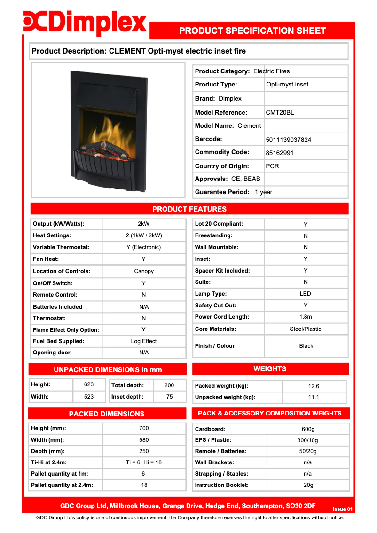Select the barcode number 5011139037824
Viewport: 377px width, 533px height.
(x=288, y=140)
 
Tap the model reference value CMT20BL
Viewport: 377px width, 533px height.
(x=280, y=112)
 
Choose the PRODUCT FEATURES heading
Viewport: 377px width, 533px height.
(x=189, y=209)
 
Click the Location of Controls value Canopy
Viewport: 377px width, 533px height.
(x=144, y=271)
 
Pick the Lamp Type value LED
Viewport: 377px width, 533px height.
(x=306, y=294)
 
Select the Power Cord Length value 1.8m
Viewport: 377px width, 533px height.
(x=306, y=317)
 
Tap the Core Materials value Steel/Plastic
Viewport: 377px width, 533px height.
(x=306, y=329)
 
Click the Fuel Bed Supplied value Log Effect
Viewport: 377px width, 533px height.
(x=144, y=341)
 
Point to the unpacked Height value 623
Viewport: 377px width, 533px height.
(x=89, y=384)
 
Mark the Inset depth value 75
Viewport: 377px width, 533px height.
(x=169, y=397)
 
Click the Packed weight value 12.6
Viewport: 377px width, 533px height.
(x=314, y=386)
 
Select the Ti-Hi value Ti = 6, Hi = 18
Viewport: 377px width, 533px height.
(x=144, y=462)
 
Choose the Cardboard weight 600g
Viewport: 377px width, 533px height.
(x=308, y=429)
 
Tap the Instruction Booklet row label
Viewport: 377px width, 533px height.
(x=222, y=485)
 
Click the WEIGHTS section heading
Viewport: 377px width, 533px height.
(x=270, y=369)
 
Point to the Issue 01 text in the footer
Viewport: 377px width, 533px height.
(x=342, y=509)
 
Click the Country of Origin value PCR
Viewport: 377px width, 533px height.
(x=272, y=166)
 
